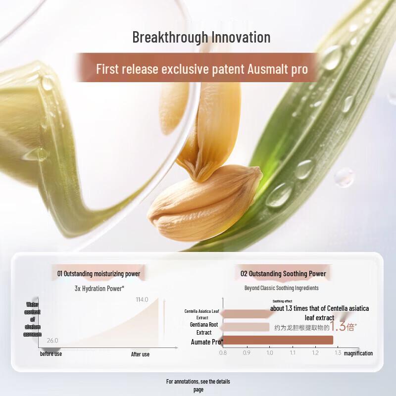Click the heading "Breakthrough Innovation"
click(201, 37)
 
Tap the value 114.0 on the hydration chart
click(142, 299)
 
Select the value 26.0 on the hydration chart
click(52, 341)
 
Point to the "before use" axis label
click(51, 354)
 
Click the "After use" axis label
click(140, 354)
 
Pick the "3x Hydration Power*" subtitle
click(99, 288)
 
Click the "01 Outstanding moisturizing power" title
click(99, 273)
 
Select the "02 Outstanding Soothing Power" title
click(283, 273)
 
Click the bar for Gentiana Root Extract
click(246, 327)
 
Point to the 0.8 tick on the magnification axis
click(223, 353)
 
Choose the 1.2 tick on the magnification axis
click(315, 353)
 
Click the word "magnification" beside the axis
click(358, 353)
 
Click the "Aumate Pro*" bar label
click(207, 342)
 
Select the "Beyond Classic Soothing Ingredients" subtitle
click(281, 288)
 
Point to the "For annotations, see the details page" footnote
click(198, 385)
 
